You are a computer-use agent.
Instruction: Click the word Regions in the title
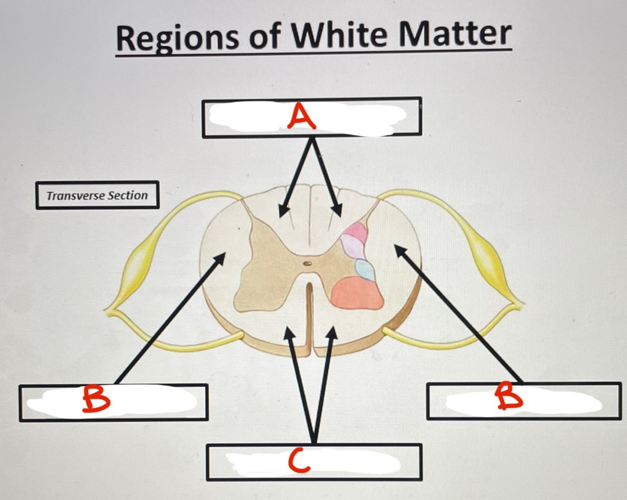[178, 38]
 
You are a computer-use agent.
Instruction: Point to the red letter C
[299, 460]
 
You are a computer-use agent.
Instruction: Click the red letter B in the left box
[96, 399]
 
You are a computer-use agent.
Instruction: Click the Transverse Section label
[97, 195]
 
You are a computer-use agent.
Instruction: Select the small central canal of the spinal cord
[307, 264]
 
